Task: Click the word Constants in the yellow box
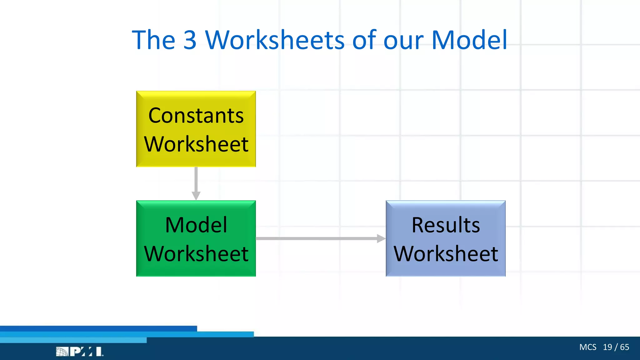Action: [x=196, y=116]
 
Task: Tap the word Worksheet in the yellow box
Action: [x=196, y=144]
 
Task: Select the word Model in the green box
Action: [x=196, y=225]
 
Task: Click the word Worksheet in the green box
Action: [x=196, y=253]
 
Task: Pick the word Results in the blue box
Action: [x=446, y=225]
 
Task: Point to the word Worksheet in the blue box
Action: [x=446, y=253]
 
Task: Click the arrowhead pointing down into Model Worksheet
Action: [x=196, y=196]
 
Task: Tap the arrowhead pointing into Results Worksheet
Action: [x=381, y=238]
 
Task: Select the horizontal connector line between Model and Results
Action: [x=316, y=238]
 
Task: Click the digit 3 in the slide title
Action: [x=190, y=40]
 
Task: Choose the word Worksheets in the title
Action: [x=275, y=40]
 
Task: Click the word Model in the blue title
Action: [x=469, y=40]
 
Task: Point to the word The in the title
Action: [x=153, y=40]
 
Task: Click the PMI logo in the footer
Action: [x=80, y=352]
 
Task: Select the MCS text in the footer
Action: [x=587, y=347]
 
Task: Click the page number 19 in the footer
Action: [x=607, y=347]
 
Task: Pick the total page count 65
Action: [x=625, y=347]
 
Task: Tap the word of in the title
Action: [x=365, y=40]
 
